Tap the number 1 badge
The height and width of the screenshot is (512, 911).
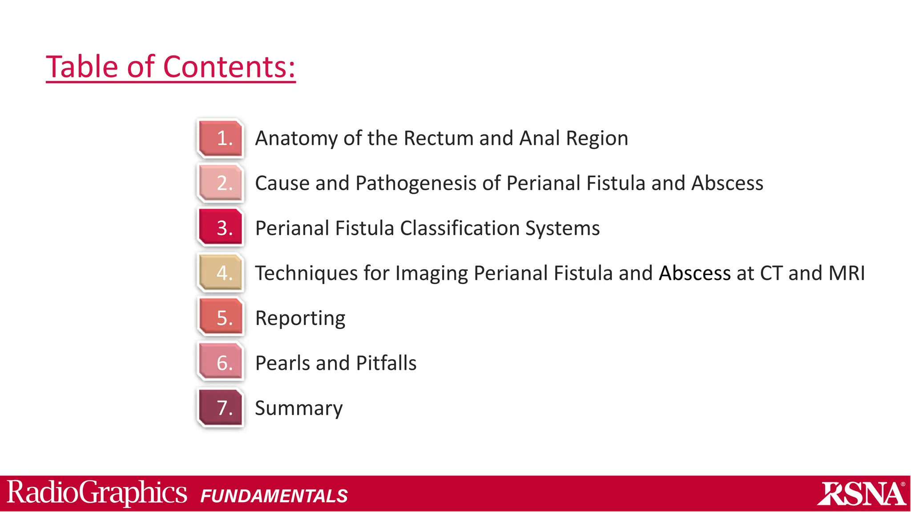pyautogui.click(x=221, y=138)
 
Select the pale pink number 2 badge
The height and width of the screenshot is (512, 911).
pyautogui.click(x=221, y=183)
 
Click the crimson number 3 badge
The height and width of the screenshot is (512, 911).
pyautogui.click(x=221, y=228)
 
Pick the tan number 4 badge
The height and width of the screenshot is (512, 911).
pyautogui.click(x=221, y=273)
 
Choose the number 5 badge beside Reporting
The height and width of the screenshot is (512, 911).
pyautogui.click(x=221, y=318)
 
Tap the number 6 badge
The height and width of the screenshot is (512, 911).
pyautogui.click(x=221, y=363)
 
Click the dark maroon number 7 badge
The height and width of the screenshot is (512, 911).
pyautogui.click(x=221, y=408)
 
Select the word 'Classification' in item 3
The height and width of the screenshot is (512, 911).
pyautogui.click(x=460, y=228)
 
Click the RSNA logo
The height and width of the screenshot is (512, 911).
pyautogui.click(x=862, y=493)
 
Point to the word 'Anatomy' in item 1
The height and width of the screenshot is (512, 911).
pyautogui.click(x=297, y=139)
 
